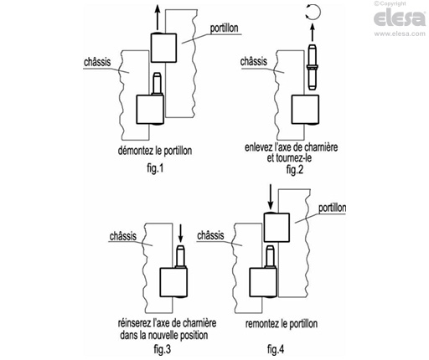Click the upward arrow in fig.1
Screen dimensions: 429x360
(158, 17)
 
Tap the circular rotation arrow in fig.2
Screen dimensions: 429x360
(318, 13)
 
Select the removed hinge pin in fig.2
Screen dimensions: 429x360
(313, 67)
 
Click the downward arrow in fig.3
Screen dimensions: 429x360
(180, 233)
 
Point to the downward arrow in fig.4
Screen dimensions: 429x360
(270, 197)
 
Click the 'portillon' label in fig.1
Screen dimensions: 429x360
(224, 28)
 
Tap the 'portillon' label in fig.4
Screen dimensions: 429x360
(333, 208)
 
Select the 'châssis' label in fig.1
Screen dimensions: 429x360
(97, 62)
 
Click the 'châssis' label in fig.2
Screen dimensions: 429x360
(254, 61)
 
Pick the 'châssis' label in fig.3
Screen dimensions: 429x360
(123, 236)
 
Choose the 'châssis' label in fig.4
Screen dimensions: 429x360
(210, 235)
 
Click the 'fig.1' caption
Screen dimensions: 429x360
(155, 168)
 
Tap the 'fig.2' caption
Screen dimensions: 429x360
(295, 169)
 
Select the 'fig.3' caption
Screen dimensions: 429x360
(163, 349)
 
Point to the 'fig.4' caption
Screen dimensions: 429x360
(276, 349)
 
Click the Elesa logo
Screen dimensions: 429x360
(400, 18)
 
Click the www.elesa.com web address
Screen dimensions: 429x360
(400, 33)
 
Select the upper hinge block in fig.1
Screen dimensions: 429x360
(163, 48)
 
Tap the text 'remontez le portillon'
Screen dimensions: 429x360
(282, 324)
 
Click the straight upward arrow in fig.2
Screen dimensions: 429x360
(313, 33)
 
